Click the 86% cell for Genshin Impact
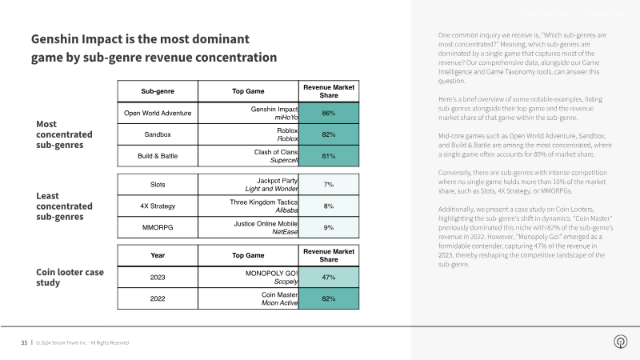point(329,113)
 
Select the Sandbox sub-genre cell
point(158,134)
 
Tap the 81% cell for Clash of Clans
point(329,156)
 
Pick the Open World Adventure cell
point(158,113)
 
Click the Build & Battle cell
point(158,156)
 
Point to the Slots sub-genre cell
point(158,185)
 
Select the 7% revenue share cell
point(329,185)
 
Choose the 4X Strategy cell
point(158,206)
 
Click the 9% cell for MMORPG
point(329,227)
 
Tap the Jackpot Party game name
point(277,181)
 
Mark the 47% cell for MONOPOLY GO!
point(329,277)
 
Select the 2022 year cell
point(158,298)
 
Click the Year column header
point(158,255)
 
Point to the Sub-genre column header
point(158,91)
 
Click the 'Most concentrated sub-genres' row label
point(64,134)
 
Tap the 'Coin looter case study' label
point(70,277)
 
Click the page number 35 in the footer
point(24,343)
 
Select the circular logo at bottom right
point(621,342)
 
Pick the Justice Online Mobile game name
point(266,224)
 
